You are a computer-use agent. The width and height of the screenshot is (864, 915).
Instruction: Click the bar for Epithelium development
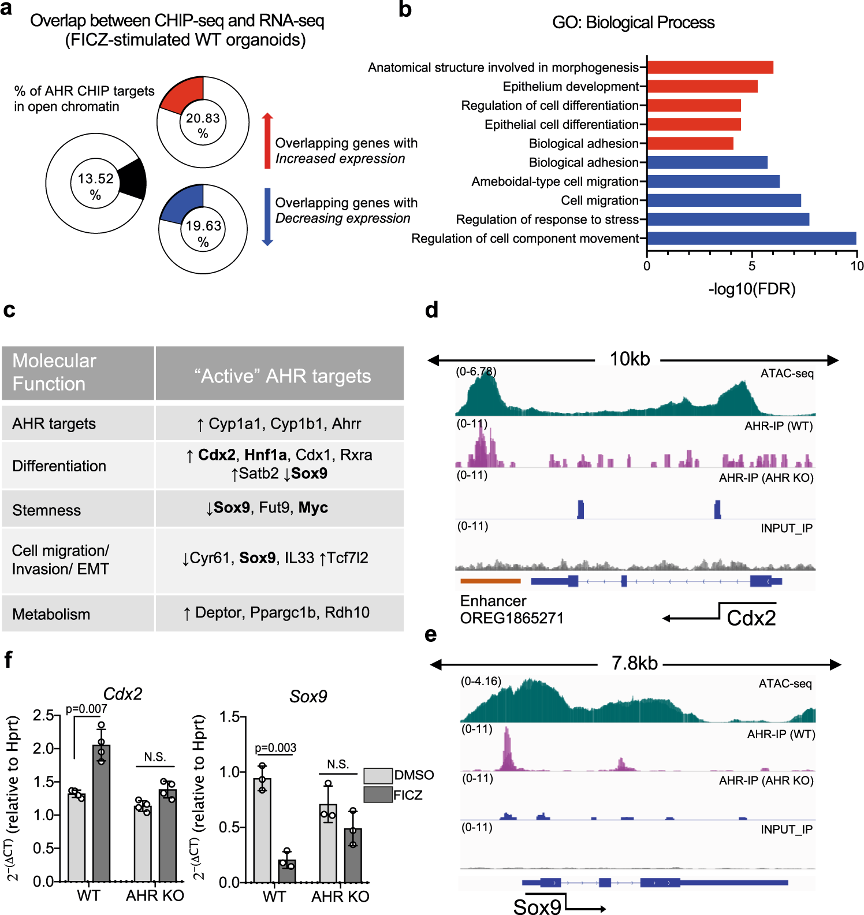click(702, 87)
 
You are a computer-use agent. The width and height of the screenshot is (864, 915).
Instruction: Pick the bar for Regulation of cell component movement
click(751, 239)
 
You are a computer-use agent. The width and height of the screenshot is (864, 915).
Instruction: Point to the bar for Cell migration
click(724, 200)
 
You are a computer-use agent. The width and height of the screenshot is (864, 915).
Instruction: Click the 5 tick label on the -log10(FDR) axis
click(751, 266)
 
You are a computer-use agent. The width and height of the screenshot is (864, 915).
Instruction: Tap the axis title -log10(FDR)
click(751, 289)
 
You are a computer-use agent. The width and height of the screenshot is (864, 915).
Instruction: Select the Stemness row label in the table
click(47, 510)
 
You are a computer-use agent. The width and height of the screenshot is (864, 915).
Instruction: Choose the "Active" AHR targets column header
click(282, 376)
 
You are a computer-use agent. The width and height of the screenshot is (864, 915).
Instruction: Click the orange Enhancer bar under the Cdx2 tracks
click(490, 581)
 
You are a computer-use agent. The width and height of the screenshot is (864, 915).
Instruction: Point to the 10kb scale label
click(630, 359)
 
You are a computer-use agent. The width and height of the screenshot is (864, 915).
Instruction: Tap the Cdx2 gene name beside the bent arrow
click(751, 618)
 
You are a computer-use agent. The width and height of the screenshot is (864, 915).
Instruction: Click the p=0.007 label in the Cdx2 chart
click(86, 709)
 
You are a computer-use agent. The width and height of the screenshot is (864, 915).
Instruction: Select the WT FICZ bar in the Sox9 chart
click(287, 871)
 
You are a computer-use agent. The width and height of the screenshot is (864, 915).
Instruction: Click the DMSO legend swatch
click(378, 775)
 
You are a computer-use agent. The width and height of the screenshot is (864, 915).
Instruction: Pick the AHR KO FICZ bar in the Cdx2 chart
click(168, 835)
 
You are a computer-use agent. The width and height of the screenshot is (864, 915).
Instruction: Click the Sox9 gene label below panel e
click(537, 906)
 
